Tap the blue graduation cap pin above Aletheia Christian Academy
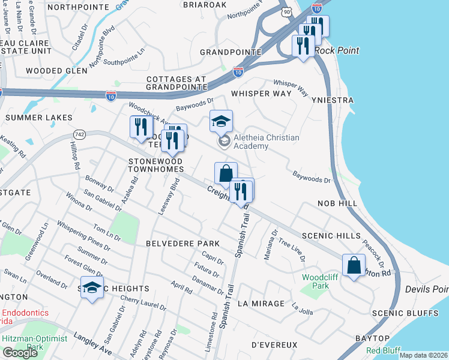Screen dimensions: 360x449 [x=221, y=121]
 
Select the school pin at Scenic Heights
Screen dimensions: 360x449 [x=92, y=287]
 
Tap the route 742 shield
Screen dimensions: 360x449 [x=79, y=133]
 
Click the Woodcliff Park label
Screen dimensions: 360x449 [x=316, y=281]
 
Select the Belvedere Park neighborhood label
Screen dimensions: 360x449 [x=182, y=244]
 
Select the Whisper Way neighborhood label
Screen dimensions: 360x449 [x=261, y=94]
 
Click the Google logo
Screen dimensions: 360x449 [x=20, y=353]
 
